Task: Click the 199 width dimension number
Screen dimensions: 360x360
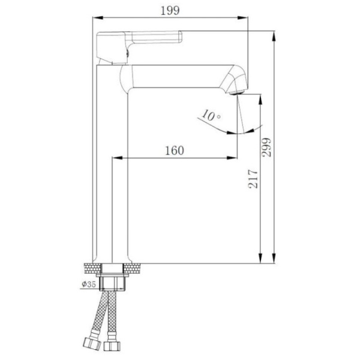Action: (170, 11)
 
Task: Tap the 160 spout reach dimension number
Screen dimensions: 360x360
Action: (175, 151)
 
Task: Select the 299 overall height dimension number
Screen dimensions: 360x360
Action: (266, 148)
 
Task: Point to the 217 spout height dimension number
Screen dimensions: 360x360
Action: (253, 179)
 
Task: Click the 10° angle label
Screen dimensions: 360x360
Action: (211, 115)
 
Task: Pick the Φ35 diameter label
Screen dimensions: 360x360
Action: (89, 284)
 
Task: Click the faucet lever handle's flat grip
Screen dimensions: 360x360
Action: (157, 37)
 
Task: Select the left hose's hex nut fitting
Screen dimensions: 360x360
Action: (92, 344)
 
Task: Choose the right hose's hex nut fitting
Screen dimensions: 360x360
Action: (112, 346)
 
